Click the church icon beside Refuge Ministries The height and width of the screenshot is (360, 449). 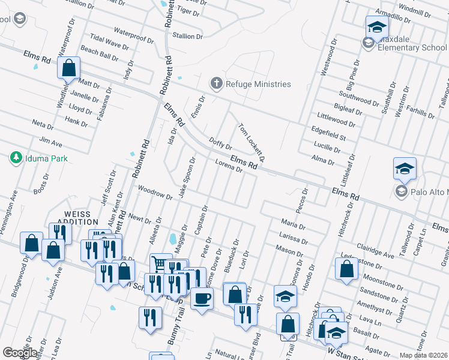tap(215, 84)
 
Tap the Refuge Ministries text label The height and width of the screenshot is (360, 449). tap(258, 84)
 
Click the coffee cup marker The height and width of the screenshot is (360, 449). tap(202, 297)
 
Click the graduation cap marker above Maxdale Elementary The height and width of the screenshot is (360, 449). tap(376, 27)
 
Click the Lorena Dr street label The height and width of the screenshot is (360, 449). tap(228, 166)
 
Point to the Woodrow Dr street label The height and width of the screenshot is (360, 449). tap(151, 190)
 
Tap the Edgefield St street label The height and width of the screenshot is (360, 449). tap(328, 133)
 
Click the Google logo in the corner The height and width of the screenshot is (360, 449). tap(20, 352)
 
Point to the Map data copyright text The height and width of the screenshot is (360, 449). tap(424, 355)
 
